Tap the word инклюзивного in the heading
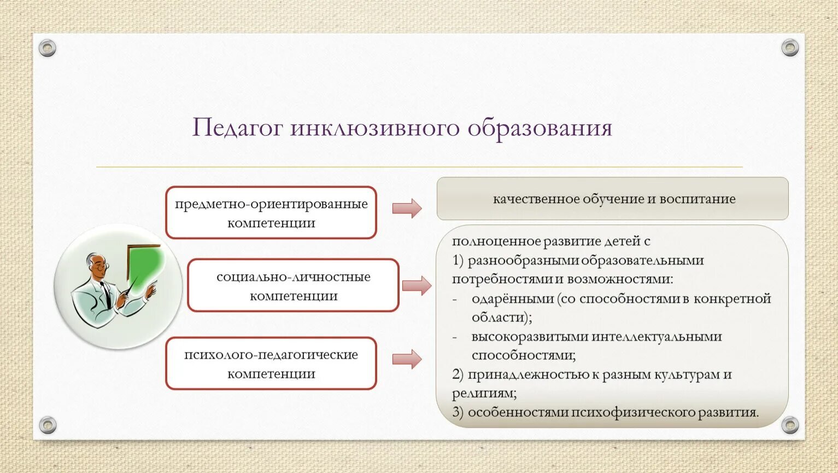(x=374, y=128)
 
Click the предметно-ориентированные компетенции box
(x=271, y=212)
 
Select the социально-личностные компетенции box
(x=294, y=285)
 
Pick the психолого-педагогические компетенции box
(x=271, y=364)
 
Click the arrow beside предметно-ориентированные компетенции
(x=407, y=208)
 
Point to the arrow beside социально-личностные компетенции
(x=417, y=286)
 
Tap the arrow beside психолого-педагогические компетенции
(x=407, y=359)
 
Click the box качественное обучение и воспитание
(x=613, y=198)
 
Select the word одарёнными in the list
(x=513, y=299)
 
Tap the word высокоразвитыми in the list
(x=530, y=337)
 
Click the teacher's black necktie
(x=106, y=294)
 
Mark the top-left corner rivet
(x=48, y=48)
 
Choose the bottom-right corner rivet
(x=790, y=425)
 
